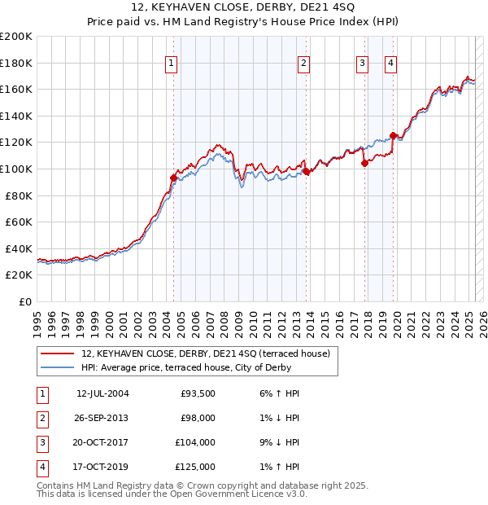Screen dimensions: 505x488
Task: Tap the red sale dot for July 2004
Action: coord(173,178)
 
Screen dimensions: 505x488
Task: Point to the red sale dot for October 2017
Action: coord(364,163)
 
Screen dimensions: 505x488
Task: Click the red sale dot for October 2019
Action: coord(393,135)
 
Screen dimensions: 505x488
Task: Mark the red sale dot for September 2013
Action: coord(307,171)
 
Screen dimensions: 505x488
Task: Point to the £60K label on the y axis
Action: coord(19,222)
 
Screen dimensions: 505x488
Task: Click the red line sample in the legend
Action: coord(57,354)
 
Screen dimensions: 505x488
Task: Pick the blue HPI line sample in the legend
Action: coord(57,367)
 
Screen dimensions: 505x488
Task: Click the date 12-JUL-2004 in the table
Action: coord(102,394)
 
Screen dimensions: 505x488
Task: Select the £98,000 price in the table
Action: coord(198,418)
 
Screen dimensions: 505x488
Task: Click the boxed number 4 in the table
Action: coord(41,467)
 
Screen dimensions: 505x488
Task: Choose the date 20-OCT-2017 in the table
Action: coord(102,442)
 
